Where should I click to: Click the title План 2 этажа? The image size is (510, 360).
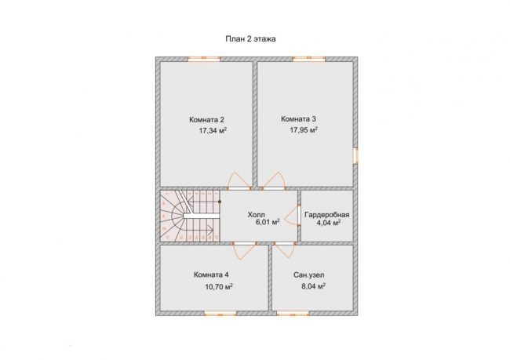(251, 39)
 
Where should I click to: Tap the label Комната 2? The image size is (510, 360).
(206, 120)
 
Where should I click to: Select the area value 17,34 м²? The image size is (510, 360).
(213, 131)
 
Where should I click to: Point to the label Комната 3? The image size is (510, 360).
(298, 119)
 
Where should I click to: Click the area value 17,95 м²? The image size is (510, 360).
(304, 130)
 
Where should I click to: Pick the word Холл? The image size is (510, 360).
(257, 215)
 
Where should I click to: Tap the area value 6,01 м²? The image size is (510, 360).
(268, 222)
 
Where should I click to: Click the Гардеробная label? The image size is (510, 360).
(327, 215)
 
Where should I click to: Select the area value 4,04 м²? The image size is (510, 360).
(329, 223)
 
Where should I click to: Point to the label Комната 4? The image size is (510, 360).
(211, 275)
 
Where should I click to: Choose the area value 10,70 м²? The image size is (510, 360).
(219, 287)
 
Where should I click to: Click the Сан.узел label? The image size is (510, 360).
(308, 275)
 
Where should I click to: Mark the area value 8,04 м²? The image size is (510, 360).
(314, 286)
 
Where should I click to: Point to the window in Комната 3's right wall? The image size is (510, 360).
(356, 155)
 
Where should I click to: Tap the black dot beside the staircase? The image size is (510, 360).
(220, 202)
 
